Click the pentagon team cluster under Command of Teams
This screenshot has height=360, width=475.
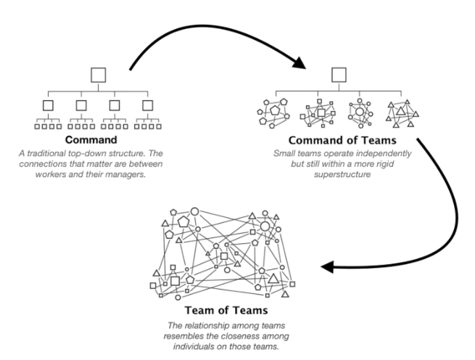pos(273,115)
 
